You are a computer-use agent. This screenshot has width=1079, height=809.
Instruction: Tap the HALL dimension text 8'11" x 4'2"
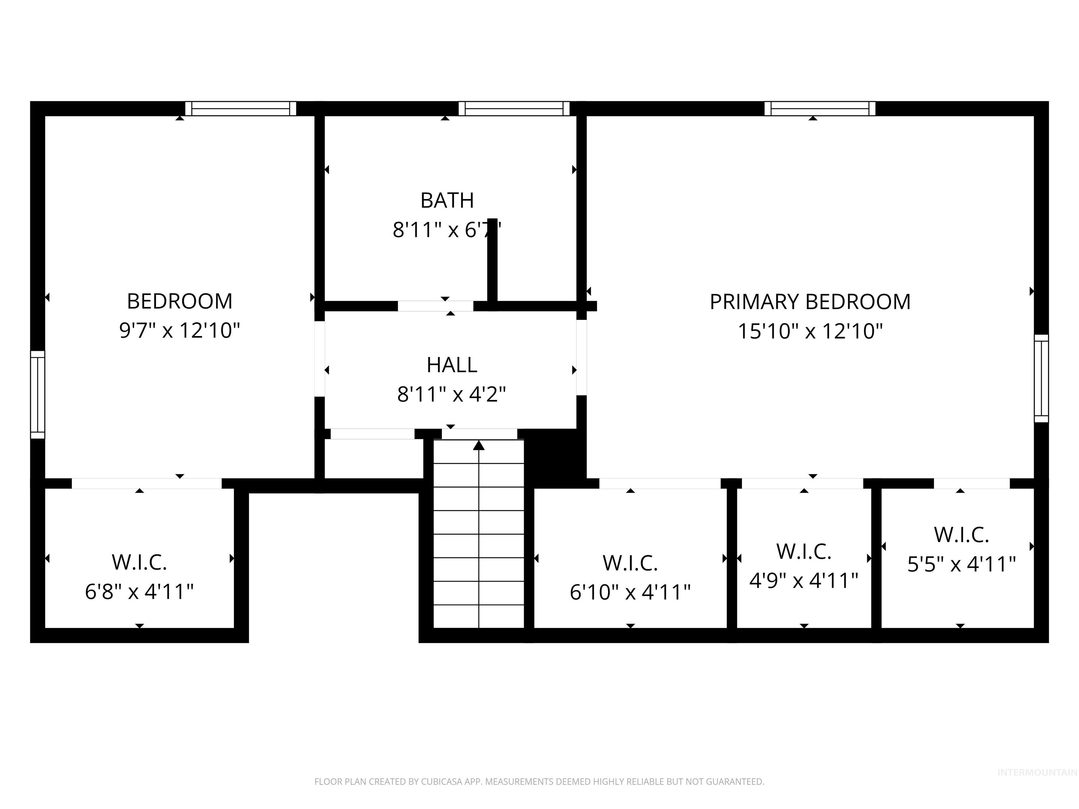(x=451, y=394)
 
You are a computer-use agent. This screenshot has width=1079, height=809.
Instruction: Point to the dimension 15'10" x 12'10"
(x=810, y=331)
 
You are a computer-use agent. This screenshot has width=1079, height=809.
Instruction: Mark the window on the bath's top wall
(x=514, y=108)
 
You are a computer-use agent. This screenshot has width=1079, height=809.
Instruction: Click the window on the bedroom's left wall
(x=38, y=395)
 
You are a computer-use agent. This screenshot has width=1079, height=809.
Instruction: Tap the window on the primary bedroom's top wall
(x=819, y=108)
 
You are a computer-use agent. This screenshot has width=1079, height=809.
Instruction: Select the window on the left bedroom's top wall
(x=241, y=108)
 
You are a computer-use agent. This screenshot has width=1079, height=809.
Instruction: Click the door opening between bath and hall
(x=435, y=306)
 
